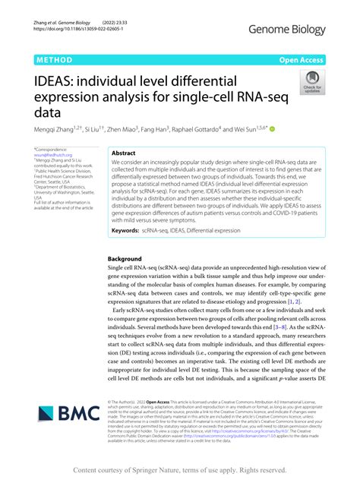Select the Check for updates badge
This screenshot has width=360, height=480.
(x=311, y=82)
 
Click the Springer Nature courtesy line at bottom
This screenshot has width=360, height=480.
(x=179, y=471)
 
